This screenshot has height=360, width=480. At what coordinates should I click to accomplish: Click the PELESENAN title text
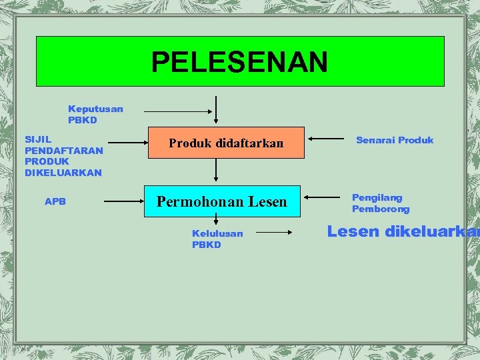click(239, 63)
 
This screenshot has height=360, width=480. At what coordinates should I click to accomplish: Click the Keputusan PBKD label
click(95, 114)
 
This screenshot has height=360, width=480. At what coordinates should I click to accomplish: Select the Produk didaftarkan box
click(226, 143)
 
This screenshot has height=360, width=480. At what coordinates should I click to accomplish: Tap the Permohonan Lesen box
click(221, 201)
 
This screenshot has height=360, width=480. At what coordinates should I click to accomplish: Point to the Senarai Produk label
click(395, 140)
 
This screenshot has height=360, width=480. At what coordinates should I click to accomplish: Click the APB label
click(55, 201)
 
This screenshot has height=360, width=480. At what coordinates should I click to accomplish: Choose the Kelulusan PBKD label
click(217, 239)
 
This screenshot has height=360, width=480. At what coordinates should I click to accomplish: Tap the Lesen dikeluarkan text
click(403, 232)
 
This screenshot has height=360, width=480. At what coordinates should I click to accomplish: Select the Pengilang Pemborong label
click(381, 203)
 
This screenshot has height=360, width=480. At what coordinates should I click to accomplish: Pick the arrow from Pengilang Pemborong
click(327, 198)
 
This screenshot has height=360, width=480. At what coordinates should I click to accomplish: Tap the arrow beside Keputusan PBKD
click(176, 111)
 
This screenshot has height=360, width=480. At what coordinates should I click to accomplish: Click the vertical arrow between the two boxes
click(215, 171)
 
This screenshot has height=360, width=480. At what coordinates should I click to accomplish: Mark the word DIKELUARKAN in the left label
click(63, 173)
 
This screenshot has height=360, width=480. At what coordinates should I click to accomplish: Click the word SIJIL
click(38, 139)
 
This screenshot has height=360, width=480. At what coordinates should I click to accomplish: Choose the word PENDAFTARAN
click(64, 150)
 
